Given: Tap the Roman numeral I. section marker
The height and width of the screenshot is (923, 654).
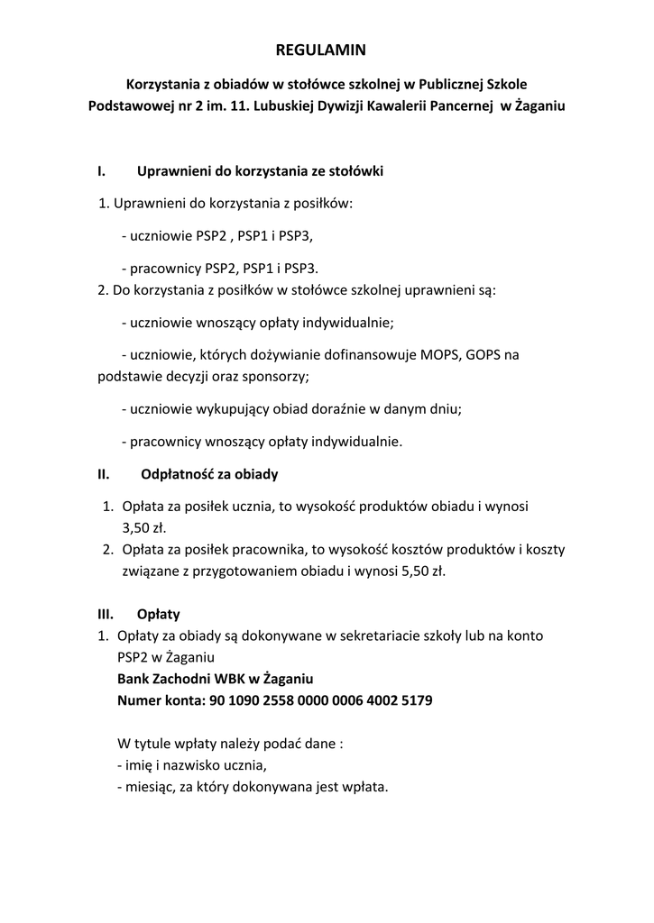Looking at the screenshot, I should [x=102, y=170].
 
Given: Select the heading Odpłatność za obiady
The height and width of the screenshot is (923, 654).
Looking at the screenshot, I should [x=209, y=473].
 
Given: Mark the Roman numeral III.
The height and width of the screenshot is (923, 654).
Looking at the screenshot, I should [x=105, y=615].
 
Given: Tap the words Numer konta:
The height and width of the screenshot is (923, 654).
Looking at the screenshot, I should [x=160, y=699].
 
